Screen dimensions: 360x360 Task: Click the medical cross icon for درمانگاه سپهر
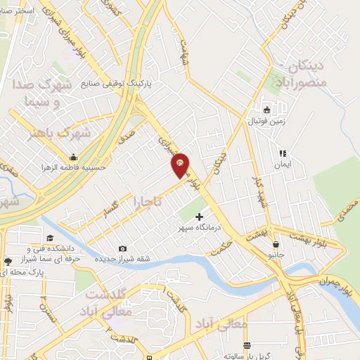click(x=200, y=217)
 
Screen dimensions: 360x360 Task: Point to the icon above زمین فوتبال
click(x=266, y=110)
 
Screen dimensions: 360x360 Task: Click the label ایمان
click(x=283, y=164)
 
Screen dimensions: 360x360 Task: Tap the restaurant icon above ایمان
click(x=283, y=153)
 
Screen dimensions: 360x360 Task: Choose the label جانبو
click(x=274, y=255)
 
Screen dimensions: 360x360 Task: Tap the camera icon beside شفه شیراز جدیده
click(x=123, y=248)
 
